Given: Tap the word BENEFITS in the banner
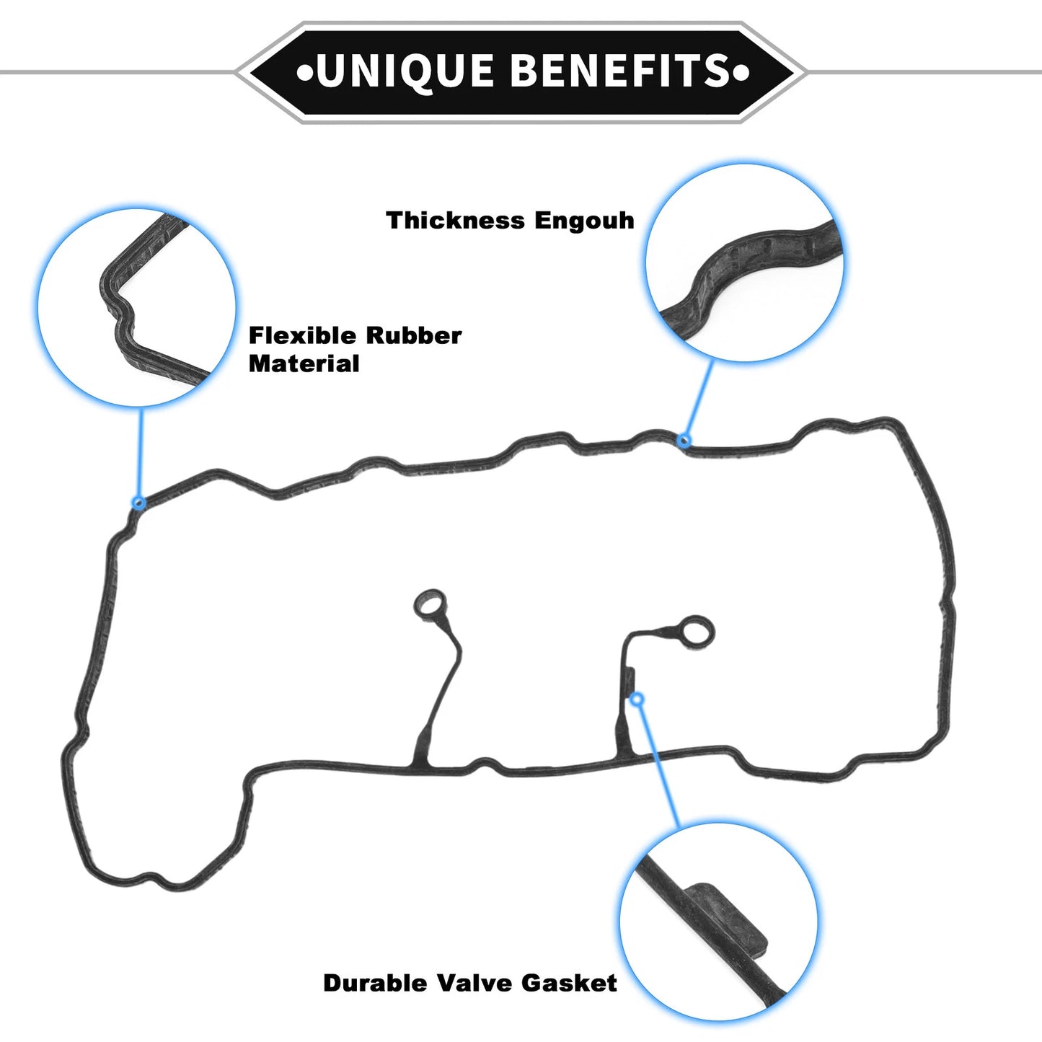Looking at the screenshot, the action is pyautogui.click(x=621, y=70).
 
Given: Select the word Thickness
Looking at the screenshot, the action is pyautogui.click(x=455, y=220).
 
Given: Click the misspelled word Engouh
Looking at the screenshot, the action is pyautogui.click(x=585, y=221).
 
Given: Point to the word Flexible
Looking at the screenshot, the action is pyautogui.click(x=303, y=335).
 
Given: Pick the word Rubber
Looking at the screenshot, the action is pyautogui.click(x=414, y=335).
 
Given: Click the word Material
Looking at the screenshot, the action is pyautogui.click(x=304, y=363).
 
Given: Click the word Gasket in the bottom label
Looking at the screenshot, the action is pyautogui.click(x=570, y=983).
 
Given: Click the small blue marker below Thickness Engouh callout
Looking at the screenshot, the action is pyautogui.click(x=684, y=441).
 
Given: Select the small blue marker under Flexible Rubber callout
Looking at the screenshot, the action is pyautogui.click(x=139, y=503).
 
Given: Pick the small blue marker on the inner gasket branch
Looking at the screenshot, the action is pyautogui.click(x=637, y=699).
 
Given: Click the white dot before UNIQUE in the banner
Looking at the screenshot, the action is pyautogui.click(x=304, y=73).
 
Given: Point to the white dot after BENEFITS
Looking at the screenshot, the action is pyautogui.click(x=742, y=73).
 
